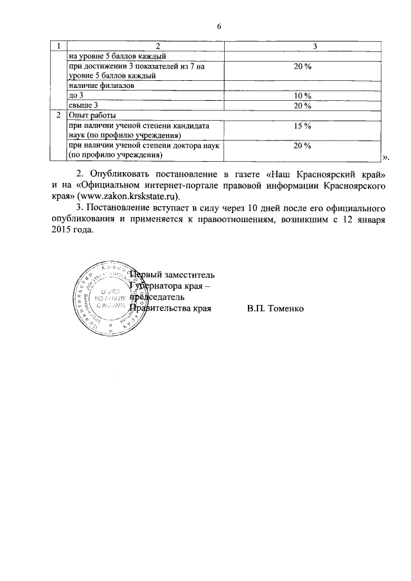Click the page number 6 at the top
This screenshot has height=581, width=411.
(218, 26)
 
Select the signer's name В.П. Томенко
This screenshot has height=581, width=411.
(277, 308)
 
